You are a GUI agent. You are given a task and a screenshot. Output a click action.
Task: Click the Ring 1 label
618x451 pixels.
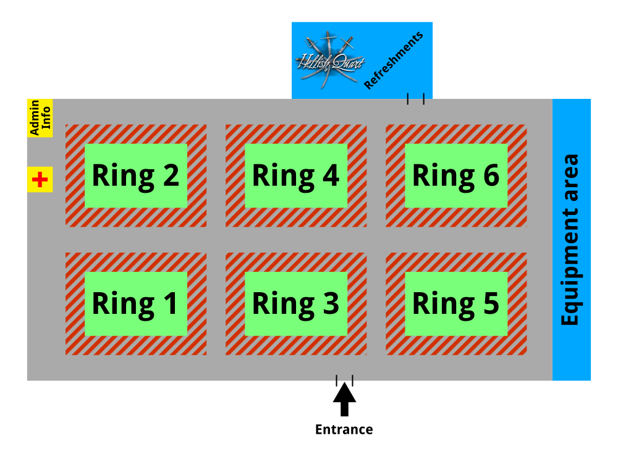(135, 304)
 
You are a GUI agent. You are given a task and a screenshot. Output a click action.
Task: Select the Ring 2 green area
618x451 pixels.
(135, 176)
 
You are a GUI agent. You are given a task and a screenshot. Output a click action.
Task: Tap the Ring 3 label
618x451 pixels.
(295, 304)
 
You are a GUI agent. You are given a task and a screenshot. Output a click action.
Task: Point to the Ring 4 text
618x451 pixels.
(295, 176)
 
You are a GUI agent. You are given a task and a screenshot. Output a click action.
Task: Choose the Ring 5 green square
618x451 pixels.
(456, 304)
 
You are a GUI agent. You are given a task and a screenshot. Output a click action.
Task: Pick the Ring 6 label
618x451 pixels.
(456, 176)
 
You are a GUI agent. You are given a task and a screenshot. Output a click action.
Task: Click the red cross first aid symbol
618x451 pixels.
(40, 180)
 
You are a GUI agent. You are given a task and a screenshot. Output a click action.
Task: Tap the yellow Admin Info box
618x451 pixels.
(40, 118)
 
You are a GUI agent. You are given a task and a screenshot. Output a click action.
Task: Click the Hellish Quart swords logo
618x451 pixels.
(328, 57)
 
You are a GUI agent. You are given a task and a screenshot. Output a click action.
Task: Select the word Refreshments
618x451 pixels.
(394, 60)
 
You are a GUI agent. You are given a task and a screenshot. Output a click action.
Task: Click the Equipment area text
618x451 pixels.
(570, 240)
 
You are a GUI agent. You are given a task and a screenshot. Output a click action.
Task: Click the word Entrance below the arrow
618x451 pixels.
(344, 430)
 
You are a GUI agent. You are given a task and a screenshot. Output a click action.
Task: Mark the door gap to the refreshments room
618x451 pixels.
(415, 99)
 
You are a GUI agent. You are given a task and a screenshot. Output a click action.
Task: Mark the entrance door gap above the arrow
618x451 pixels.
(344, 381)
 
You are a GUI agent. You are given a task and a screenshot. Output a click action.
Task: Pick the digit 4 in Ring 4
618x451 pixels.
(331, 176)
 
